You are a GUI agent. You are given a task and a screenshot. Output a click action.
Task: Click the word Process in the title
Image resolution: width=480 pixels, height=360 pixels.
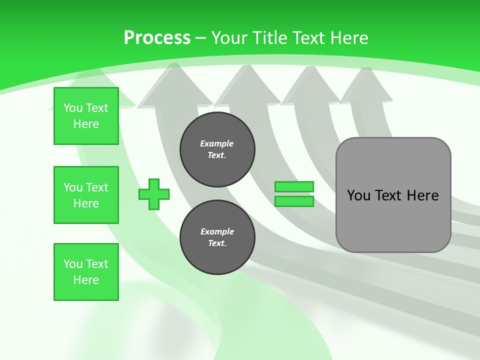[157, 37]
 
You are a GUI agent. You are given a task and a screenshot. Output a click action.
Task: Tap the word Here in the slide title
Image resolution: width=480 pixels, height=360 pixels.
[348, 37]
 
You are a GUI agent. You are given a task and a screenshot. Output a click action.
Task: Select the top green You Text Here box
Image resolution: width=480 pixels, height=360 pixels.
[86, 116]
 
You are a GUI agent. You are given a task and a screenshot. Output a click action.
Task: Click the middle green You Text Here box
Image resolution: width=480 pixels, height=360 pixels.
[86, 195]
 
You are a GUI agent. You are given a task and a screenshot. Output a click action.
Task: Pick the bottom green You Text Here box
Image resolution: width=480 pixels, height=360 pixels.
[86, 272]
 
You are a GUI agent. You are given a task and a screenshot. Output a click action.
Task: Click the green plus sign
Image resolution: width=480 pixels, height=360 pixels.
[154, 194]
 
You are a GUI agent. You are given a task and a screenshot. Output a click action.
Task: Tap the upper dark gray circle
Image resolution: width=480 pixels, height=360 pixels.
[217, 149]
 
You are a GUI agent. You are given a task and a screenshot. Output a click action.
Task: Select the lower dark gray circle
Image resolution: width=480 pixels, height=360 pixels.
[217, 237]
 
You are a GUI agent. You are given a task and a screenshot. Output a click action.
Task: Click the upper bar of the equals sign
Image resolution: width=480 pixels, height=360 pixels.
[294, 186]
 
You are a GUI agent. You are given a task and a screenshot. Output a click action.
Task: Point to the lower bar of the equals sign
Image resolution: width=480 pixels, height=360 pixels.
[294, 201]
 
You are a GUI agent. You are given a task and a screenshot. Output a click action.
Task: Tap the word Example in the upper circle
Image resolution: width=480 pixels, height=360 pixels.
[217, 143]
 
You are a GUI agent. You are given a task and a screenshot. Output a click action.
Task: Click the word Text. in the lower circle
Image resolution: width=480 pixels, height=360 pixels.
[217, 243]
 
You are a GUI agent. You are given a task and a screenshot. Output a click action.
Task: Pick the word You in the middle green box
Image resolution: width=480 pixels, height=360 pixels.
[72, 187]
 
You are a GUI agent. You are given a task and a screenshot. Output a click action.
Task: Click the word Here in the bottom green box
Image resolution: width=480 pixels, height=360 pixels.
[86, 280]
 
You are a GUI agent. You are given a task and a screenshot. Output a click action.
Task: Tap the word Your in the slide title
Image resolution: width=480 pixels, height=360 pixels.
[229, 37]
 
